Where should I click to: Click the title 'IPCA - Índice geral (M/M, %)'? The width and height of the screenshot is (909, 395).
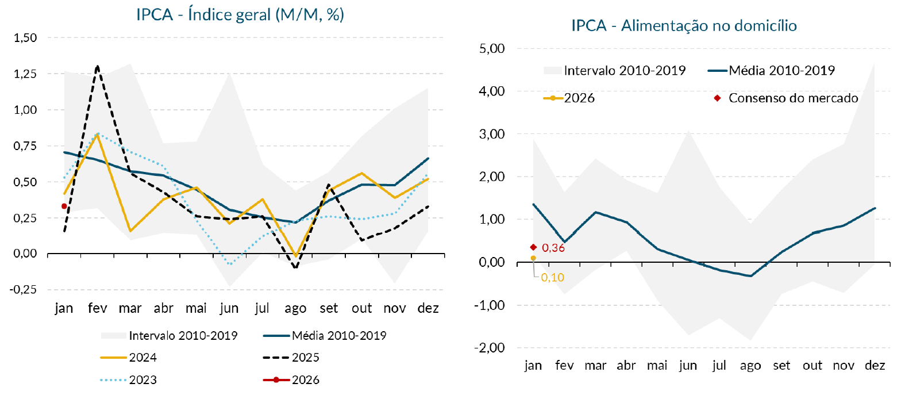pos(240,15)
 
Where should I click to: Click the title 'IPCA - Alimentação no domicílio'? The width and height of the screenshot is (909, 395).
pos(684,26)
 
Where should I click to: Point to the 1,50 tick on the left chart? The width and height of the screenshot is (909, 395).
pos(25,38)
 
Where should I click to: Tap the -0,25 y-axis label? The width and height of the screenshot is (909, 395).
pos(24,290)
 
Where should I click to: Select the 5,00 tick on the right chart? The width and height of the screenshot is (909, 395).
pos(492,49)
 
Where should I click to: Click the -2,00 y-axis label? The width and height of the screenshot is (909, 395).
pos(490,348)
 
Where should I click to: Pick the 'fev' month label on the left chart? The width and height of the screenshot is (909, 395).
pos(97,309)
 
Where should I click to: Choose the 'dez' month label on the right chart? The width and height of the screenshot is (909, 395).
pos(875,366)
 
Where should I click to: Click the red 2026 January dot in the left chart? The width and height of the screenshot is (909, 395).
pos(64,206)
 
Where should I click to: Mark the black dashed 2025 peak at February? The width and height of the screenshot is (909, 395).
pos(97,66)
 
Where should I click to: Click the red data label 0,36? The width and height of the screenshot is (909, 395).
pos(553,248)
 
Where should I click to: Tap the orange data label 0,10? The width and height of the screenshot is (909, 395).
pos(553,278)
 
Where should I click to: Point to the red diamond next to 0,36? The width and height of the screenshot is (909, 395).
pos(533,247)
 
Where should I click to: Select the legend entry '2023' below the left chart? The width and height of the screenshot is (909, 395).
pos(142,380)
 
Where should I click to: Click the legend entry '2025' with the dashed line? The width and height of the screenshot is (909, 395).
pos(305,358)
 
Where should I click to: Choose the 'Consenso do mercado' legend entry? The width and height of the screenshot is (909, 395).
pos(793,98)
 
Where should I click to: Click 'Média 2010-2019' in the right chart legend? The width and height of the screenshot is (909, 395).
pos(781,71)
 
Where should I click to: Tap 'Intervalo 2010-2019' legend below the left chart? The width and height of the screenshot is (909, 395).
pos(183,336)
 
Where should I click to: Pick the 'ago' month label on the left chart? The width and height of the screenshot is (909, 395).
pos(295,309)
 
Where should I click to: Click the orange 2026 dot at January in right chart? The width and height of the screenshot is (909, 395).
pos(533,258)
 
